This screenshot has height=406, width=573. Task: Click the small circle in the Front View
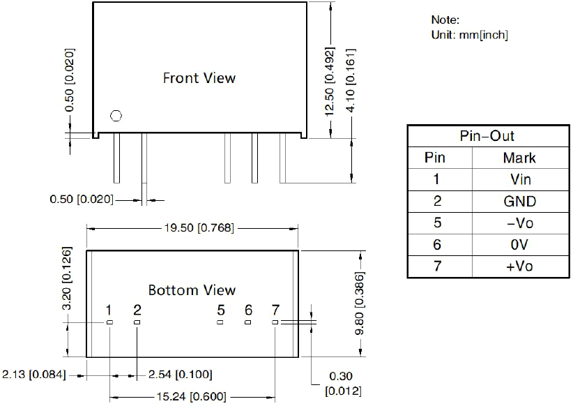(x=116, y=116)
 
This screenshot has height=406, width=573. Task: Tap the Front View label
(x=199, y=78)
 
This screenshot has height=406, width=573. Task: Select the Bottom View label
(x=192, y=290)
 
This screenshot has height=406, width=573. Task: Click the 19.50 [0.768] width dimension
(x=199, y=228)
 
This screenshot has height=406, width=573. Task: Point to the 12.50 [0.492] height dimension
(x=329, y=81)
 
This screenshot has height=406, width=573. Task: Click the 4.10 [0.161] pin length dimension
(x=351, y=80)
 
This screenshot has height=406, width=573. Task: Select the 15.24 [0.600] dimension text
(x=192, y=396)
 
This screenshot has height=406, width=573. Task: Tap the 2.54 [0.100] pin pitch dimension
(x=180, y=375)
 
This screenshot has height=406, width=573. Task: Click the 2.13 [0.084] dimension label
(x=34, y=375)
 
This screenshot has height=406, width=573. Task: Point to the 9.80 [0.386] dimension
(x=360, y=303)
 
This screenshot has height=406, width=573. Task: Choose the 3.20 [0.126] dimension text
(x=67, y=278)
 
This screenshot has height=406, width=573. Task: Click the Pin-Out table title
(x=487, y=136)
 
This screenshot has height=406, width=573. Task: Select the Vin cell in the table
(x=521, y=179)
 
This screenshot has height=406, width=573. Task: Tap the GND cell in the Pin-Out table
(x=519, y=201)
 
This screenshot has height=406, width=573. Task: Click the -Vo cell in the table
(x=520, y=223)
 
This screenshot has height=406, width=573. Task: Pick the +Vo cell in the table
(x=519, y=266)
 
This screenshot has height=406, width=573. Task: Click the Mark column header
(x=519, y=158)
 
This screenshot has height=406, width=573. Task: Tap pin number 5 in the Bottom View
(x=221, y=310)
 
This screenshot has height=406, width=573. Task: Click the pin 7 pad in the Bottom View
(x=275, y=322)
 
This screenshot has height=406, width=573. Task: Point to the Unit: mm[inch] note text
(x=470, y=35)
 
